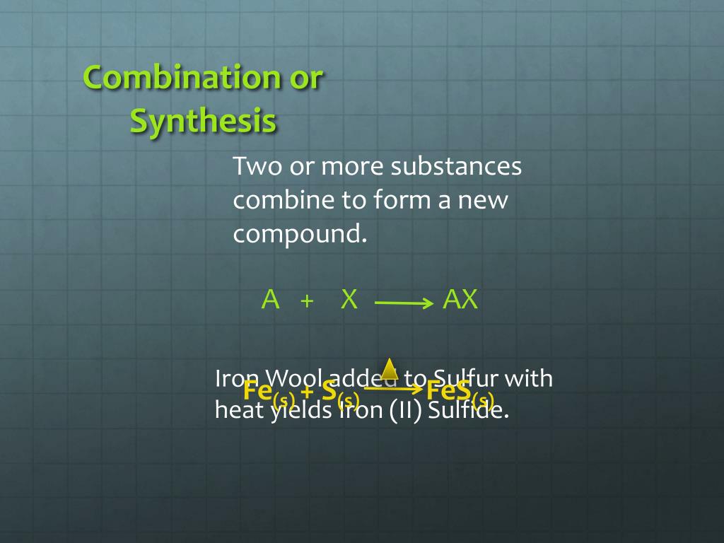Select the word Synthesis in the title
(x=203, y=121)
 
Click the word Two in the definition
(x=257, y=168)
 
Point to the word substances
(x=457, y=168)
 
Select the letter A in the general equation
(x=270, y=300)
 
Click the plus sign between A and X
(x=307, y=301)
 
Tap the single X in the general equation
(x=349, y=300)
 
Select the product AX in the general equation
(x=460, y=300)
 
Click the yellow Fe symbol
(x=259, y=390)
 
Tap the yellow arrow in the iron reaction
(x=393, y=387)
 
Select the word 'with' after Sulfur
(x=528, y=378)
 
